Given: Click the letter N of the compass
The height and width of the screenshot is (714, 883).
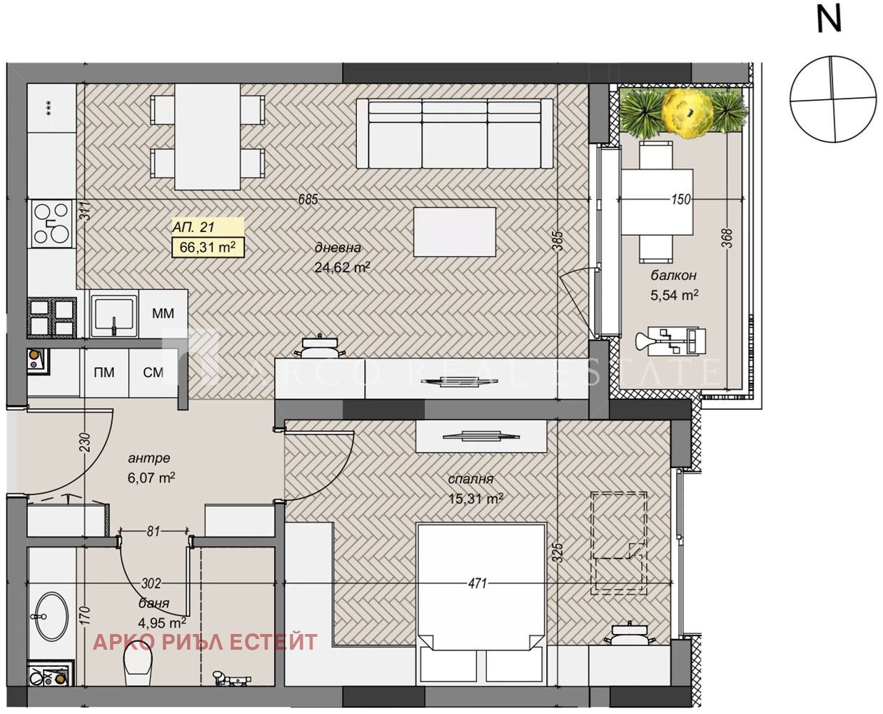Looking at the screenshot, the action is [829, 19].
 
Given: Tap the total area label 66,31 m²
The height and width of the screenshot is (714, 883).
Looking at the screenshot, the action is [208, 248].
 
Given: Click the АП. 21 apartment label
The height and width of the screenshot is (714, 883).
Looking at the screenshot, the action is [193, 227].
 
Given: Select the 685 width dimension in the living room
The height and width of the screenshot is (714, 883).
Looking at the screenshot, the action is [308, 199].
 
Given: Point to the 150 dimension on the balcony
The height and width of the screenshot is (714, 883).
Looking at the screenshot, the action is [681, 199].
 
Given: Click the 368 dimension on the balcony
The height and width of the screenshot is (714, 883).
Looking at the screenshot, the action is [727, 238].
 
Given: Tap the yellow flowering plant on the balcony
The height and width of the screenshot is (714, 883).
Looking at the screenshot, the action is [687, 112].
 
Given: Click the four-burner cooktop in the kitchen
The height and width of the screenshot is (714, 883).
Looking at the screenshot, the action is [51, 224].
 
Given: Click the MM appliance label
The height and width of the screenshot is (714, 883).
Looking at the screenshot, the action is [163, 313].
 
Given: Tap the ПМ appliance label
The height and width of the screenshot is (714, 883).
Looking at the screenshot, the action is [104, 372].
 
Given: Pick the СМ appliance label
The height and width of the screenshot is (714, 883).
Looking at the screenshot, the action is [153, 372].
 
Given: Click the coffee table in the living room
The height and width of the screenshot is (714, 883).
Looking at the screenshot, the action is [455, 232].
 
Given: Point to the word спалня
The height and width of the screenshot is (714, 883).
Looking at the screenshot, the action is [470, 479].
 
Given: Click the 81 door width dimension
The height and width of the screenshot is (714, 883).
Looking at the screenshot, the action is [153, 531].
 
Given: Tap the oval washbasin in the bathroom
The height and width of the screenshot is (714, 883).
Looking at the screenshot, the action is [51, 616].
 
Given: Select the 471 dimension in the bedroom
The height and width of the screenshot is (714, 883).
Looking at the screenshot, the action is [477, 583].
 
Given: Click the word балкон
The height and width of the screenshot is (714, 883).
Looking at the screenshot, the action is [673, 276].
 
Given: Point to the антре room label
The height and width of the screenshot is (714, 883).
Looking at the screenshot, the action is [149, 458].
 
